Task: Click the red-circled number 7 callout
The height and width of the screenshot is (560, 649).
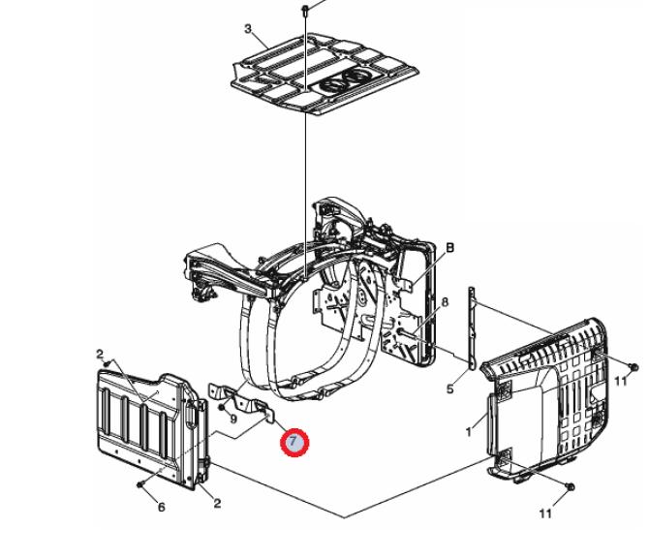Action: coord(294,443)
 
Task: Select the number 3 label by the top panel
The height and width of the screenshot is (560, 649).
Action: coord(248,29)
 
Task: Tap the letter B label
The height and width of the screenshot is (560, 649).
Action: coord(449,247)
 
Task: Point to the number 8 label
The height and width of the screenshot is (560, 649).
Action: coord(445,301)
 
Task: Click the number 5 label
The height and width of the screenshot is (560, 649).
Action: coord(449,389)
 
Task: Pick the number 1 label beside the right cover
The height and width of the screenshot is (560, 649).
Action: coord(469,432)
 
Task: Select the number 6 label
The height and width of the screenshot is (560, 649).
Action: coord(162,507)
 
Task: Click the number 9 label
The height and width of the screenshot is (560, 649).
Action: coord(233,420)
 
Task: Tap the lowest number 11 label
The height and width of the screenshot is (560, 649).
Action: coord(545,513)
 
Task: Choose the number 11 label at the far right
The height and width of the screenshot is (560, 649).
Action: coord(621,381)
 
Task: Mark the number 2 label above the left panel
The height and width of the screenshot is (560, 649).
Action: coord(100,354)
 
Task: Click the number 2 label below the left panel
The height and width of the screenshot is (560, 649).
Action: coord(217,503)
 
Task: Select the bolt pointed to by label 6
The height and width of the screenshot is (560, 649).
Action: coord(139,483)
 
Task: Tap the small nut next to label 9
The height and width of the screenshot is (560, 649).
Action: coord(221,408)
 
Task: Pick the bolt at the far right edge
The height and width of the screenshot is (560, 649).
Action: coord(633,366)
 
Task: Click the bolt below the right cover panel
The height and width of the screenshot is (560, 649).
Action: coord(570,487)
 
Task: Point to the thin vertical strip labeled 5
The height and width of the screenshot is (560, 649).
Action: coord(471,327)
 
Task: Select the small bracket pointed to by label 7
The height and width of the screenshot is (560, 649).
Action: coord(241,401)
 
